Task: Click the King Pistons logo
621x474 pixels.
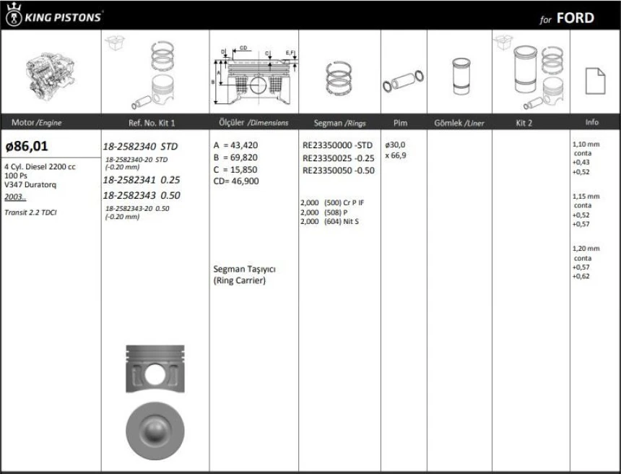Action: (x=54, y=16)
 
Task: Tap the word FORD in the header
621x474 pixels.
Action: (x=575, y=18)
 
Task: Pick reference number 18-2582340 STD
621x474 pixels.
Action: (x=140, y=146)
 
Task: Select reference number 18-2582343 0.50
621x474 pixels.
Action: (x=142, y=195)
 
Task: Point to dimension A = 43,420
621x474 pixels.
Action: (x=236, y=145)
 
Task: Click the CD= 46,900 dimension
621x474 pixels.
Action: (x=236, y=181)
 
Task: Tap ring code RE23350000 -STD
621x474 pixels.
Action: (x=337, y=145)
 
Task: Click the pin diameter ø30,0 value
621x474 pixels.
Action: (x=395, y=145)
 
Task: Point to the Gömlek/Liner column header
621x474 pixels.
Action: (x=459, y=123)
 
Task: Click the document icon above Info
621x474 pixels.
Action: (x=594, y=79)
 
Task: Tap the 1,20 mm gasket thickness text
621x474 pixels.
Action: (x=585, y=249)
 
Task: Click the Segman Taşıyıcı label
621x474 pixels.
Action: (x=245, y=269)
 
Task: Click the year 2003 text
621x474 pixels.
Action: (x=14, y=197)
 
